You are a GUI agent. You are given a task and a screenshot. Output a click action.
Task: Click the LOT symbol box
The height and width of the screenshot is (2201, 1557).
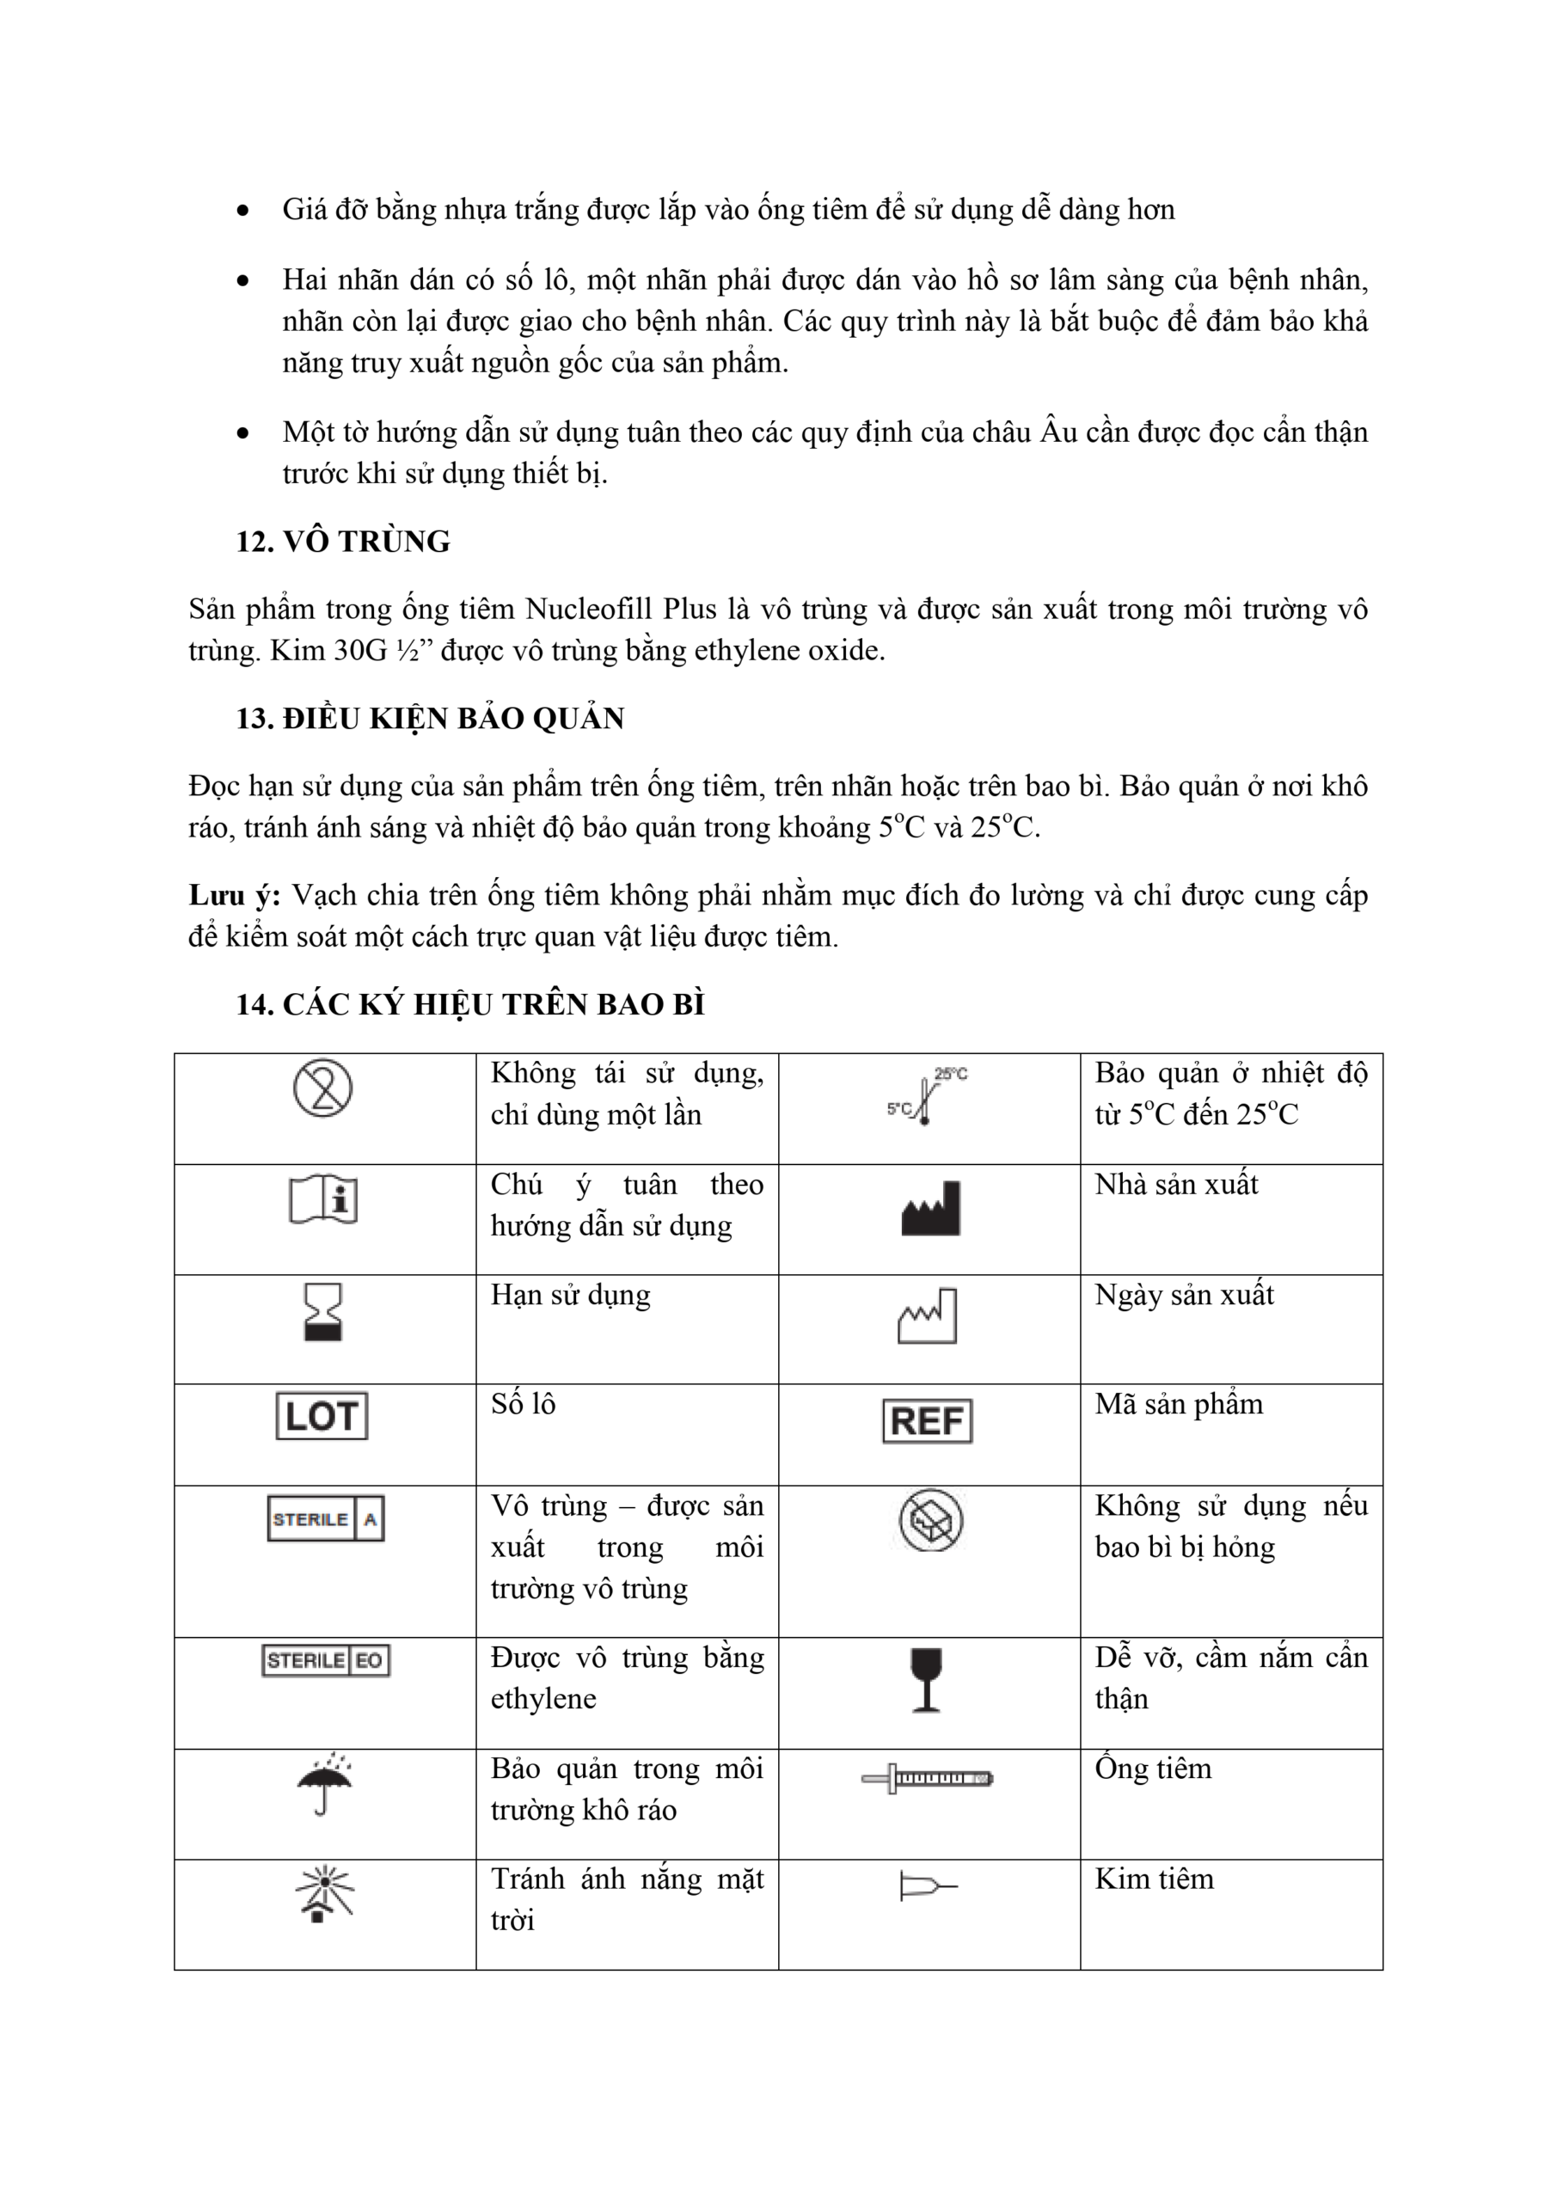(322, 1416)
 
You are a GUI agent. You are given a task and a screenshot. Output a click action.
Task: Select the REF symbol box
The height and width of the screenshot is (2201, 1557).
(926, 1420)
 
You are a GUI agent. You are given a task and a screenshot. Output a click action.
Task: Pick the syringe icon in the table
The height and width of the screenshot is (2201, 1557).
(927, 1778)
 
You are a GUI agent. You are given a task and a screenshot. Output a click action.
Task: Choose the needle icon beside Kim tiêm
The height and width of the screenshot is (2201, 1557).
(927, 1886)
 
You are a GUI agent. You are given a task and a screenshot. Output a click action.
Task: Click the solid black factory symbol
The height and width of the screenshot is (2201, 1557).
(930, 1209)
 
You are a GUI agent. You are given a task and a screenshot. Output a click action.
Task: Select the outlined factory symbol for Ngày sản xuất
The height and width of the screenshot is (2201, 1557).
(927, 1316)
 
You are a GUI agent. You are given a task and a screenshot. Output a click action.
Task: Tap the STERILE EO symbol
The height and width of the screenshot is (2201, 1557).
(326, 1660)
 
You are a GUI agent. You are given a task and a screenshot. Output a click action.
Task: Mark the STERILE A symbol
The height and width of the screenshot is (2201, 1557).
(326, 1518)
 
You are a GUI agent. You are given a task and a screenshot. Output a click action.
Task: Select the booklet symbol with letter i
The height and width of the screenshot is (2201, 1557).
(323, 1199)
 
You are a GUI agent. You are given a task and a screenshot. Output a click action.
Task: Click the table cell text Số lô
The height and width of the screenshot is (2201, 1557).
(524, 1404)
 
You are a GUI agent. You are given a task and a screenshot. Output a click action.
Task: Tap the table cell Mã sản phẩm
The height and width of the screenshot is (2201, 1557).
(1179, 1404)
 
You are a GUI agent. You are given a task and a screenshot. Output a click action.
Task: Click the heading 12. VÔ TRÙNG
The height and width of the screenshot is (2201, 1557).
(343, 542)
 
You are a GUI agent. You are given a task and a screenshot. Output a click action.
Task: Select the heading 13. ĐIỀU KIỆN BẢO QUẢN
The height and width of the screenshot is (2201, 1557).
(431, 718)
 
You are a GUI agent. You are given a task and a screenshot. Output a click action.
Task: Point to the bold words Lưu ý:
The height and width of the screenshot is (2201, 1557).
(235, 895)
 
